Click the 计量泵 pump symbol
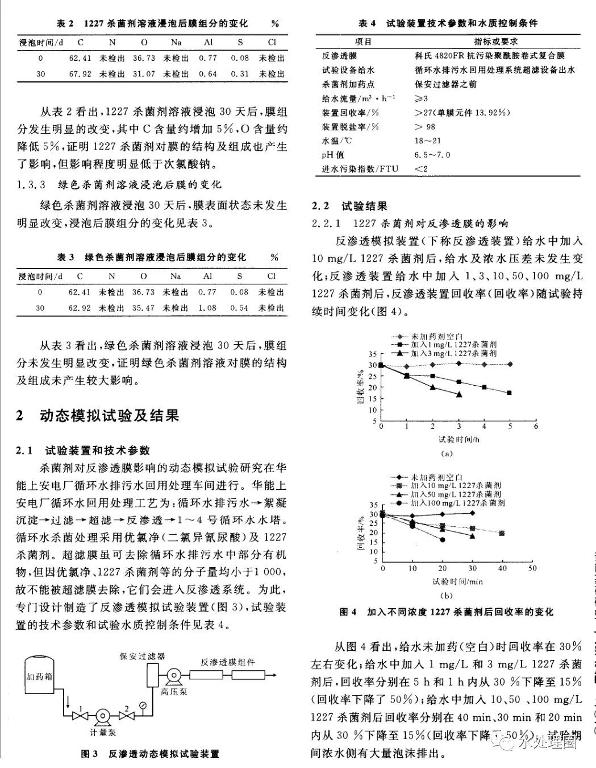[102, 716]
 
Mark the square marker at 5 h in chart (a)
[510, 393]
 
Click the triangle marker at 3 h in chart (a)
[459, 394]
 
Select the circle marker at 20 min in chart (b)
[442, 539]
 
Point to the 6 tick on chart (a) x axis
[535, 426]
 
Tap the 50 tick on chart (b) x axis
[532, 568]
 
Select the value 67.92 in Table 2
[80, 74]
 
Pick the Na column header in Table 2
[176, 42]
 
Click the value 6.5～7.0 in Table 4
[432, 155]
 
